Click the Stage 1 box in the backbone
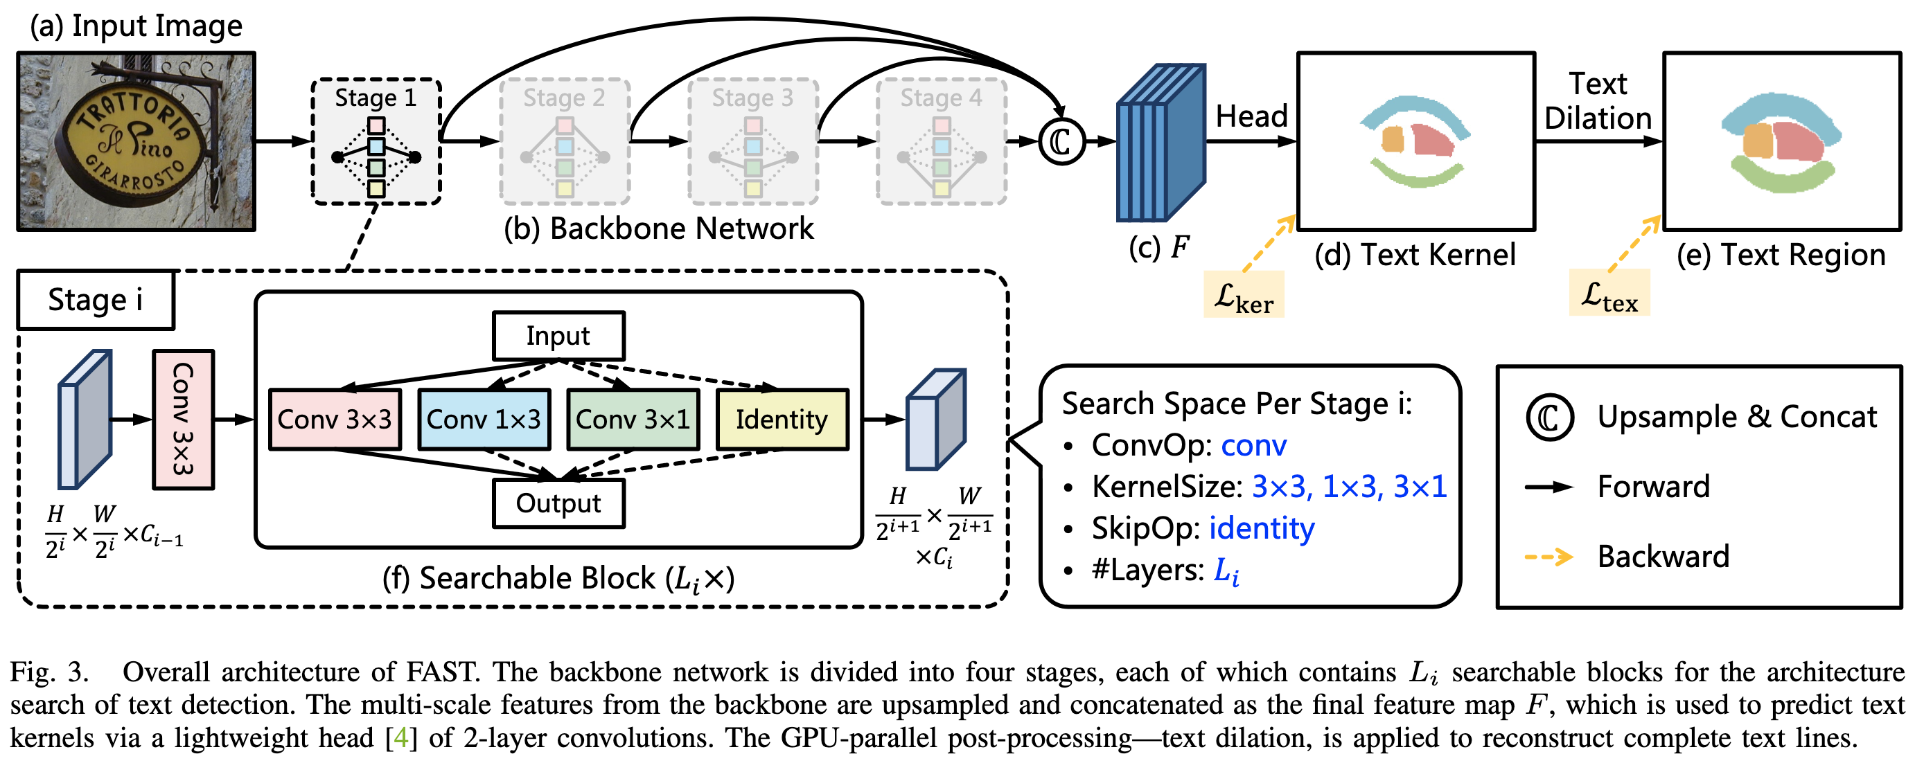pyautogui.click(x=376, y=141)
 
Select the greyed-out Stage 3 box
pyautogui.click(x=752, y=141)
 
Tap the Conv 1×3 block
pyautogui.click(x=484, y=420)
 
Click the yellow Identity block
pyautogui.click(x=782, y=420)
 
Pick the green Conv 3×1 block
pyautogui.click(x=633, y=420)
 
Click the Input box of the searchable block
pyautogui.click(x=558, y=336)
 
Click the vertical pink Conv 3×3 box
pyautogui.click(x=183, y=420)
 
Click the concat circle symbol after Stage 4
pyautogui.click(x=1061, y=141)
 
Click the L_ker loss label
pyautogui.click(x=1243, y=296)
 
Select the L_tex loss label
pyautogui.click(x=1609, y=294)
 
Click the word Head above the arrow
pyautogui.click(x=1251, y=116)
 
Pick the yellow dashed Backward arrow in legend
pyautogui.click(x=1548, y=557)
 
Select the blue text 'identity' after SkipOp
pyautogui.click(x=1262, y=529)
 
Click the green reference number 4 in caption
pyautogui.click(x=400, y=738)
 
